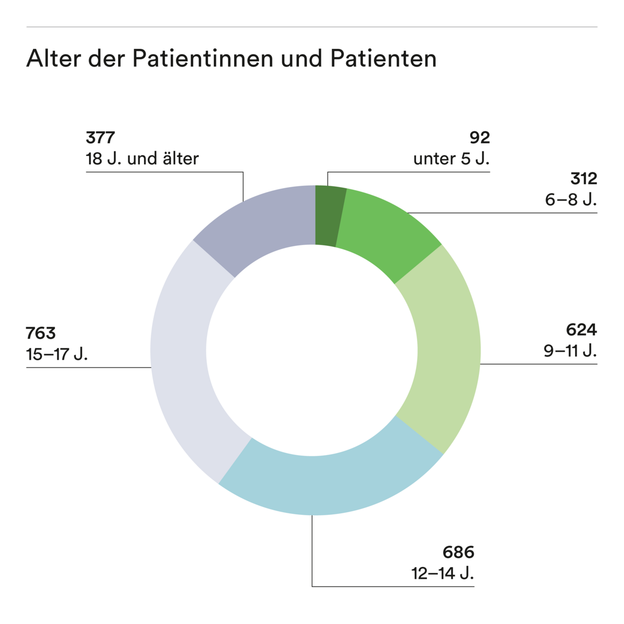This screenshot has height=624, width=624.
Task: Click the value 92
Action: pyautogui.click(x=479, y=138)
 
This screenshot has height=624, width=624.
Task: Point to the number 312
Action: pyautogui.click(x=583, y=179)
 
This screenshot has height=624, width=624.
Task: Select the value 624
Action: pyautogui.click(x=581, y=330)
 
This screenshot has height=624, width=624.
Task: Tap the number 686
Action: pyautogui.click(x=459, y=552)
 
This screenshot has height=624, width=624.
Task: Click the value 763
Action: pyautogui.click(x=41, y=333)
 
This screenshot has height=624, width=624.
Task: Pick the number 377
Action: pyautogui.click(x=100, y=138)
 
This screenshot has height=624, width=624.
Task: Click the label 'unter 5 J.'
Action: pyautogui.click(x=451, y=159)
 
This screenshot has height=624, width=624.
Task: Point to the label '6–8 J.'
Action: pyautogui.click(x=570, y=200)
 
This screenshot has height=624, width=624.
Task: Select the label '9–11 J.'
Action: pyautogui.click(x=570, y=351)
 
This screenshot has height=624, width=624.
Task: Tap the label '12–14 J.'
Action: pyautogui.click(x=443, y=573)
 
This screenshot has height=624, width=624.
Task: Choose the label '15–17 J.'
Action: pyautogui.click(x=57, y=354)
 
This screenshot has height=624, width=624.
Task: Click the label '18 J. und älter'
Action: pyautogui.click(x=142, y=159)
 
